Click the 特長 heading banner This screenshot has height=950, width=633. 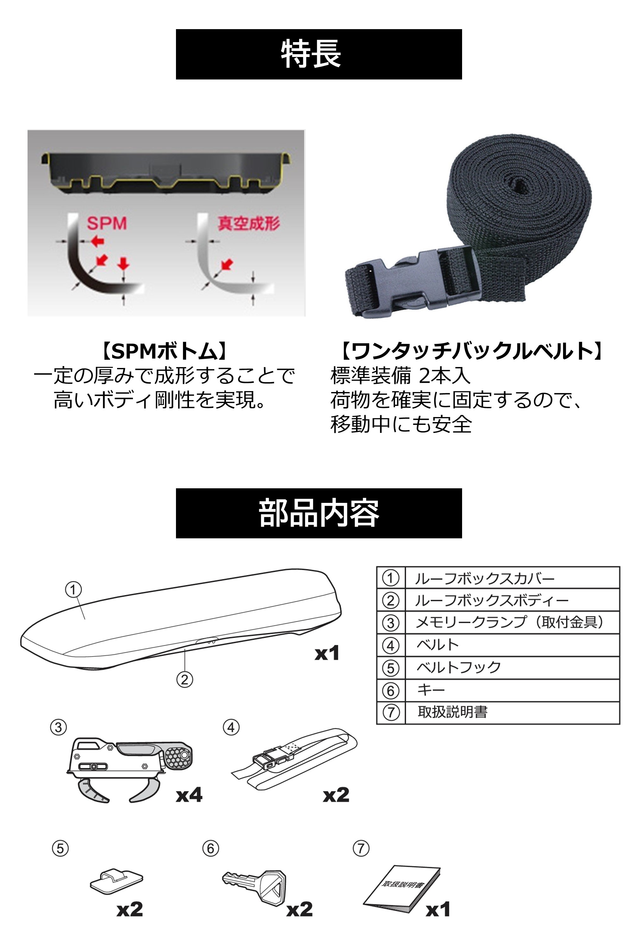[x=319, y=54]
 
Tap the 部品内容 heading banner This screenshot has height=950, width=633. [x=319, y=513]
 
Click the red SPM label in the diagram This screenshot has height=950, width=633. [x=107, y=223]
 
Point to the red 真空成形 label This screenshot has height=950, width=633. [x=249, y=223]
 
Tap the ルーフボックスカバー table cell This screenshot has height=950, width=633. [x=512, y=578]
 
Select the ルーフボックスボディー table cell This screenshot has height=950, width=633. [x=512, y=600]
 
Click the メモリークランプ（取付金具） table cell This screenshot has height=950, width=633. [x=512, y=623]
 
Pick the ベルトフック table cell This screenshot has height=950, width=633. [x=512, y=667]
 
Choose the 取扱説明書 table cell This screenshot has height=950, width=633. [x=512, y=712]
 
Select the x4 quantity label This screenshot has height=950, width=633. [x=189, y=795]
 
